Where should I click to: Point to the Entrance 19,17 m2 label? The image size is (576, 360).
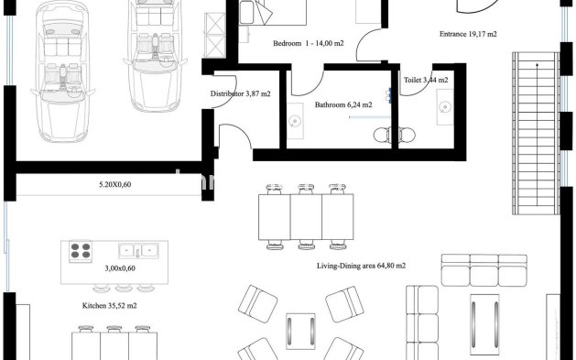[x=469, y=34]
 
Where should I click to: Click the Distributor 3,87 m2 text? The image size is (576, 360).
[x=240, y=94]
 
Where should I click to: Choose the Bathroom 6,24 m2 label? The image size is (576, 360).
[x=343, y=105]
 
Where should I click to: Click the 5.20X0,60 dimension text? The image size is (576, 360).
[x=115, y=185]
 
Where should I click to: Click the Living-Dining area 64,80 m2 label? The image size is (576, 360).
[x=361, y=265]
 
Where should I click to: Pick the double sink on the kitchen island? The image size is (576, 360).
[x=138, y=249]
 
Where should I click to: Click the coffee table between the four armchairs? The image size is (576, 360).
[x=300, y=333]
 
